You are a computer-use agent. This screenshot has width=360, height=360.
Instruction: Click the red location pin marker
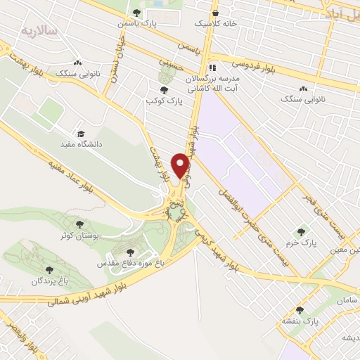[x=181, y=165]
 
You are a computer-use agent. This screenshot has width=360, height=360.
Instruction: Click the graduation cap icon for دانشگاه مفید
[x=81, y=134]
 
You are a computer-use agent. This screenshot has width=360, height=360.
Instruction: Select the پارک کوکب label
[x=164, y=101]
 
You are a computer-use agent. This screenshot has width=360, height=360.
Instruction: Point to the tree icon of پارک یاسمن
[x=136, y=13]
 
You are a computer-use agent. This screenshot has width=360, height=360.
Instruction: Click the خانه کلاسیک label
[x=212, y=23]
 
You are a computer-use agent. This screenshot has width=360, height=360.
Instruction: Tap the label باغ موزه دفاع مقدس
[x=130, y=262]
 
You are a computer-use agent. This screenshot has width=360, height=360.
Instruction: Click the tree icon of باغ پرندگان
[x=49, y=269]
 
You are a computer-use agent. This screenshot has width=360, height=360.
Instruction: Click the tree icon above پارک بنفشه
[x=300, y=310]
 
